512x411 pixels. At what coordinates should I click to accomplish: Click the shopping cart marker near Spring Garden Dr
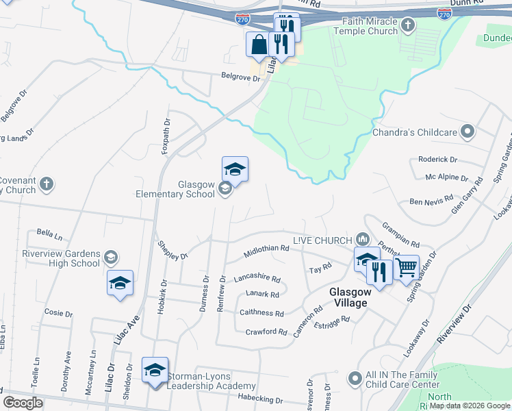click(x=407, y=267)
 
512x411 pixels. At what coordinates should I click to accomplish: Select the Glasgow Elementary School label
click(x=187, y=190)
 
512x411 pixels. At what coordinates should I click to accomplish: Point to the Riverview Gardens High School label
click(x=61, y=258)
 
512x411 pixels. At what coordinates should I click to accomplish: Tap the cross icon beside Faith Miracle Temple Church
click(x=408, y=26)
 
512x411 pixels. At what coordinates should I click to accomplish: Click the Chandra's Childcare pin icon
click(x=468, y=131)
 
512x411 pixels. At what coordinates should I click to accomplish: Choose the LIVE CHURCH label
click(x=321, y=240)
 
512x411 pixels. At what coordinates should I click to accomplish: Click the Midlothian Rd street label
click(x=266, y=253)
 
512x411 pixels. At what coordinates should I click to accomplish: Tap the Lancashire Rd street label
click(x=257, y=279)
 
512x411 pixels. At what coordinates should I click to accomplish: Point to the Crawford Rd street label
click(x=266, y=332)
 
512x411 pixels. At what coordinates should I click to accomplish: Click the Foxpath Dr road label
click(x=165, y=137)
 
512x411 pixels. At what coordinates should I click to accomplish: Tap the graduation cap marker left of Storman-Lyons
click(x=155, y=371)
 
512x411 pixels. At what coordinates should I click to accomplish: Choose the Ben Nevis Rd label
click(x=431, y=201)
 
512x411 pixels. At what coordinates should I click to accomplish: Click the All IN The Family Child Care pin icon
click(x=355, y=378)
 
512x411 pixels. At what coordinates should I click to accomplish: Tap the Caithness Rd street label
click(x=261, y=313)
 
